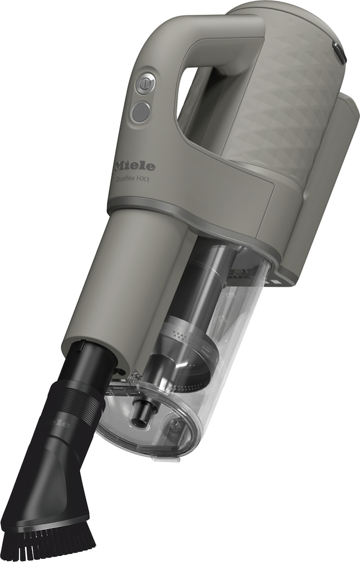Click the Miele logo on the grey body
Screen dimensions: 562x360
tap(134, 166)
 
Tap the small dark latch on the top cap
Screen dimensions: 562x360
tap(340, 52)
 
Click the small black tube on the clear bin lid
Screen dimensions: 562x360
tap(142, 413)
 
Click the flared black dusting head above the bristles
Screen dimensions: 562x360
tap(51, 483)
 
